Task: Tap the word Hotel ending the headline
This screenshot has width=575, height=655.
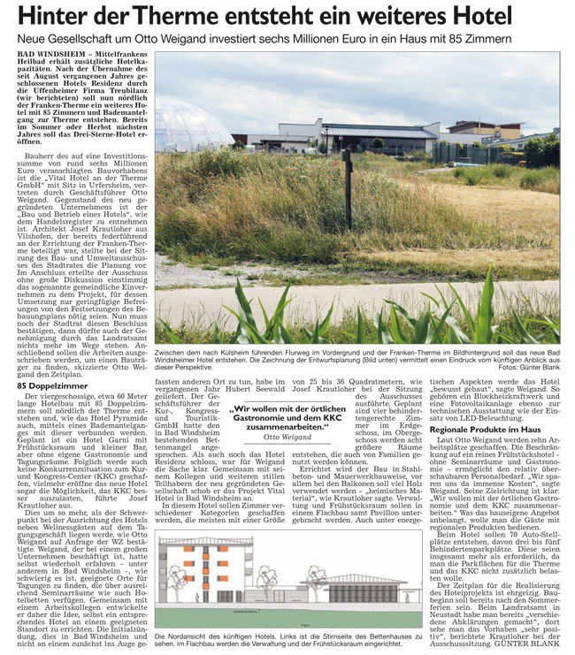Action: tap(521, 17)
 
